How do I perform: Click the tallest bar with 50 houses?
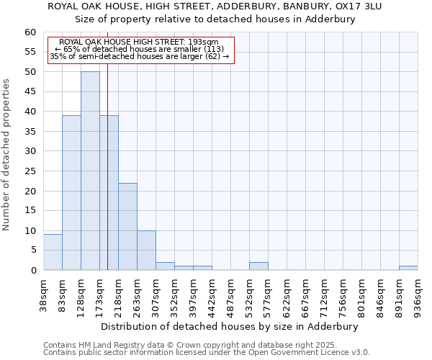(90, 171)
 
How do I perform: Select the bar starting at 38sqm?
(53, 252)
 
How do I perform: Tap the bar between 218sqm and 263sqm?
(127, 227)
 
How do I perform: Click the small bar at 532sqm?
(258, 266)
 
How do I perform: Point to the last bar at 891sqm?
(408, 268)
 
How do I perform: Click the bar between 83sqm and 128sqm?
(71, 192)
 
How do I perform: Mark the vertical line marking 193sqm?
(107, 180)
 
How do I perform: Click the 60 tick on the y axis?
(30, 32)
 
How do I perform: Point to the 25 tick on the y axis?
(30, 171)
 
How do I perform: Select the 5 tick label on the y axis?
(33, 251)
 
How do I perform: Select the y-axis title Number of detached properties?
(7, 155)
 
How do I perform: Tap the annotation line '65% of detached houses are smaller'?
(140, 49)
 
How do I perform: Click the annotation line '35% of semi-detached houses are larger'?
(140, 56)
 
